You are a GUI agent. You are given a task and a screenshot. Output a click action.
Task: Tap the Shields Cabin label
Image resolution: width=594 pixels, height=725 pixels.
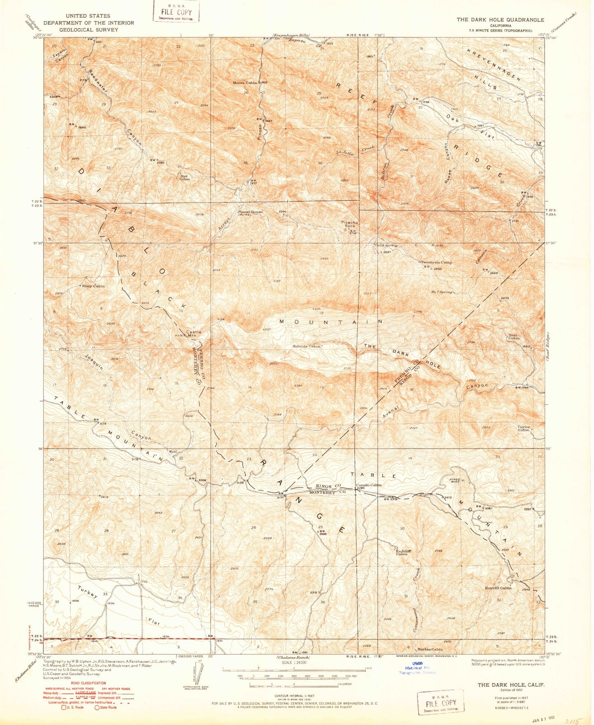point(307,346)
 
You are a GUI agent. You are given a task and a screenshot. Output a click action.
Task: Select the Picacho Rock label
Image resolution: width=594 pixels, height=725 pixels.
point(350,224)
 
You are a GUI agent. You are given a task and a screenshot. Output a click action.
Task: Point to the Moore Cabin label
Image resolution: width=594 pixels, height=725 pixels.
point(245,83)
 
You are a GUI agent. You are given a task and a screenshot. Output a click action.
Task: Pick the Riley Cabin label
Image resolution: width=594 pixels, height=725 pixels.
point(94,286)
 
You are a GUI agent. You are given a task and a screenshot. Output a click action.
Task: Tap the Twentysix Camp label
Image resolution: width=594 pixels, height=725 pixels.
point(436,262)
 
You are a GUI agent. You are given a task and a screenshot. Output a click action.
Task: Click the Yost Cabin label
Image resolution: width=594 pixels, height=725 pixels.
point(514,336)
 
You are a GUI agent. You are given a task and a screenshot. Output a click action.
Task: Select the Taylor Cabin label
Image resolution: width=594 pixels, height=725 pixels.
point(524,428)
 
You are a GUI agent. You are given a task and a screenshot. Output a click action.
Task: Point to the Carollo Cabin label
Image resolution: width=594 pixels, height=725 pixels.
point(368,485)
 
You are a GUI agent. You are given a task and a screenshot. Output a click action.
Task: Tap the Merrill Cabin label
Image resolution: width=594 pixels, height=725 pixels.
point(498,588)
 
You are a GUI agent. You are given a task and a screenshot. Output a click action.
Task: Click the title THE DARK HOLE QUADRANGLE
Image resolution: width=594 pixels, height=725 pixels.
point(500,20)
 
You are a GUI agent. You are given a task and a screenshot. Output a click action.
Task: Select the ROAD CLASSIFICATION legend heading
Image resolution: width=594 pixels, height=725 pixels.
point(67,689)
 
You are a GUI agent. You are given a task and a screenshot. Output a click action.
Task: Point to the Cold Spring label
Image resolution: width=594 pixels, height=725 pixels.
point(386,245)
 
